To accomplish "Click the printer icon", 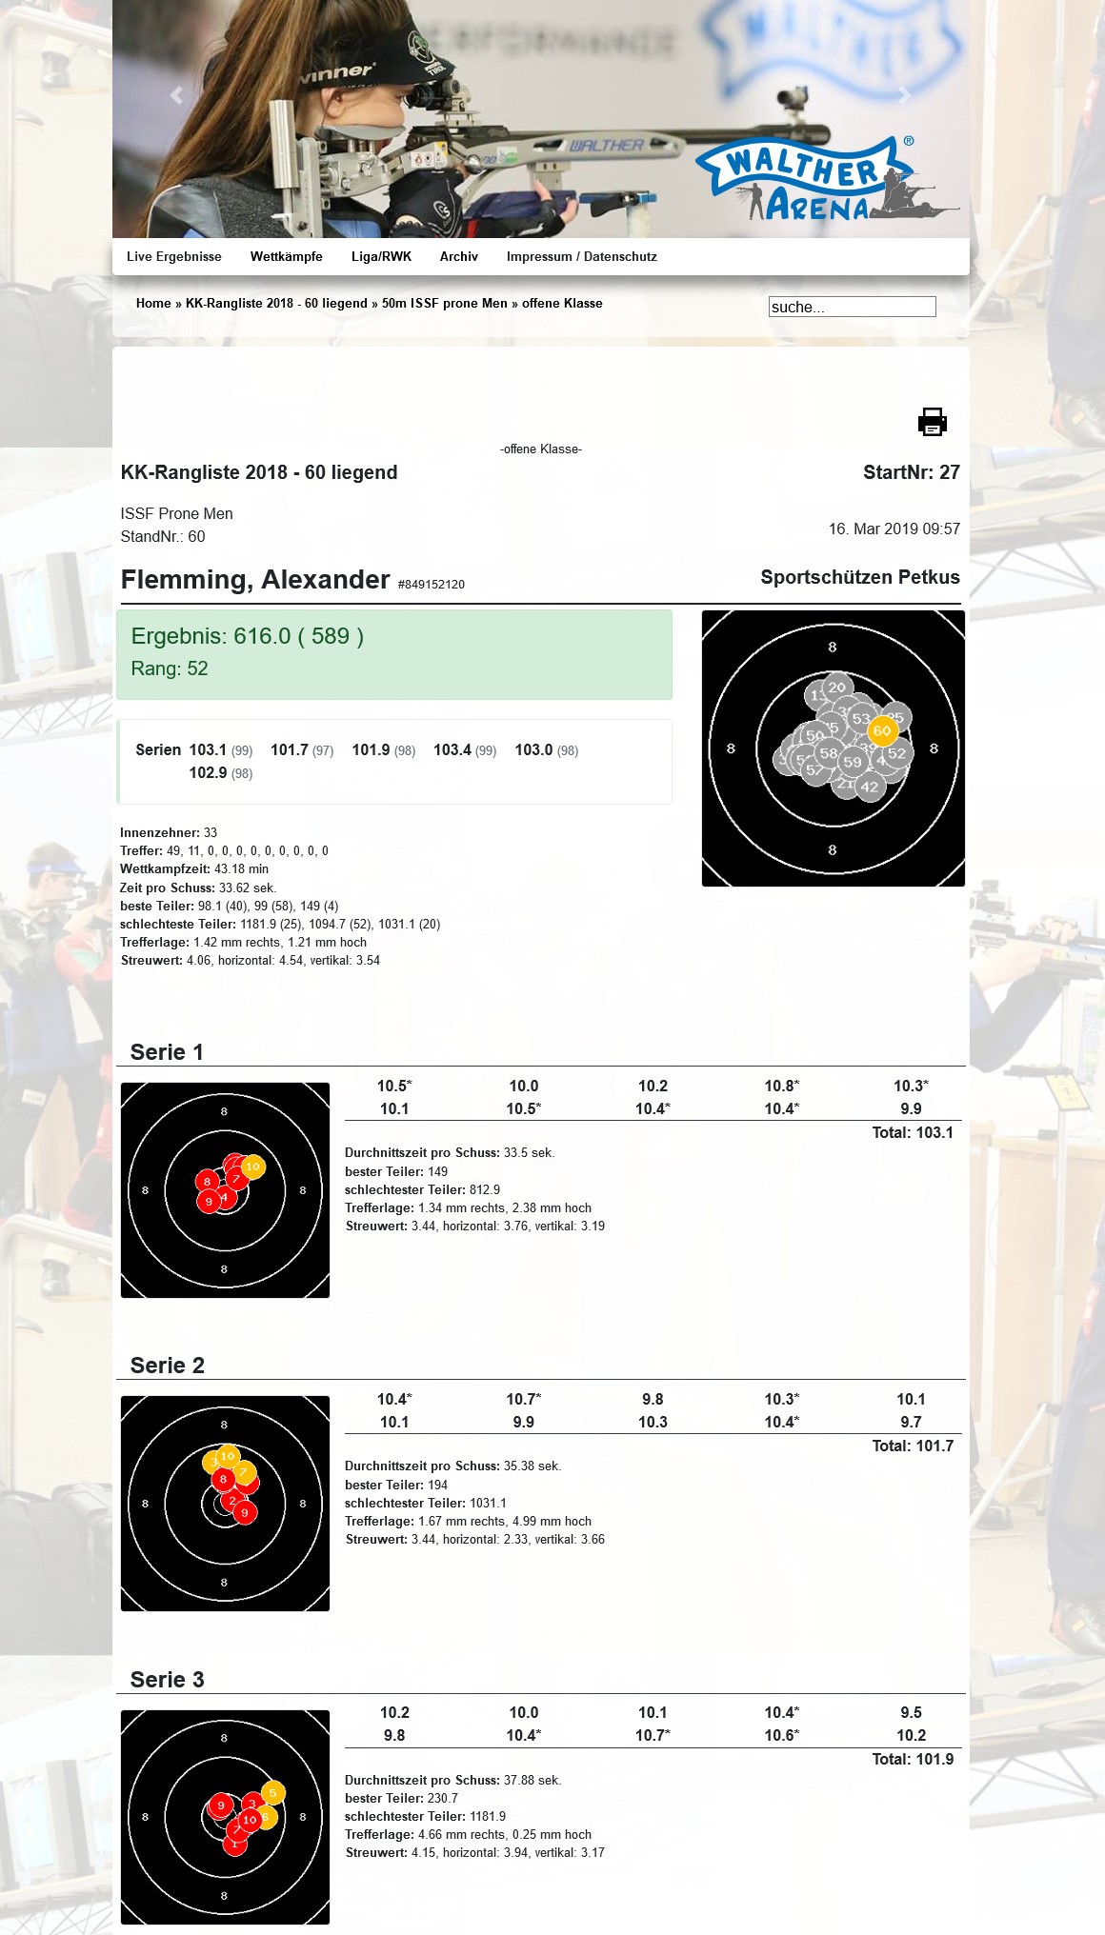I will [x=932, y=422].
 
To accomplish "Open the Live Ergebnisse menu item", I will [x=173, y=256].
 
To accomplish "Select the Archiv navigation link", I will [x=458, y=256].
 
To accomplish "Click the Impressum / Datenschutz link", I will [x=581, y=256].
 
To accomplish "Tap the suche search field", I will [x=852, y=307].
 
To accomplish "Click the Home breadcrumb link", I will [x=153, y=303].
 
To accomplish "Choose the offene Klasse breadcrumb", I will [x=562, y=303].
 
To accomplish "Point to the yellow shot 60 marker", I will [x=882, y=730].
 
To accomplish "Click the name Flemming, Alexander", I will [x=255, y=579].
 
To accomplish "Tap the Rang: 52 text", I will [x=170, y=668].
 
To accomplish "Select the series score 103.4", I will [x=452, y=749].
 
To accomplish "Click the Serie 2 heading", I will [x=168, y=1365].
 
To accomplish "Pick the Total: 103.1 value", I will [x=913, y=1132].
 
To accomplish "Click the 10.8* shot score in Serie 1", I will [x=781, y=1086].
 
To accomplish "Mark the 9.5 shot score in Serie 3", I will [x=911, y=1712].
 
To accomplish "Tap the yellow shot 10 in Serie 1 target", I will [x=252, y=1166].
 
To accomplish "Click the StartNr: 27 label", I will [x=911, y=472].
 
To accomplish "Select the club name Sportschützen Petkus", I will [x=859, y=577].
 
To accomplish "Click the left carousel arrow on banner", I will [x=176, y=95].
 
